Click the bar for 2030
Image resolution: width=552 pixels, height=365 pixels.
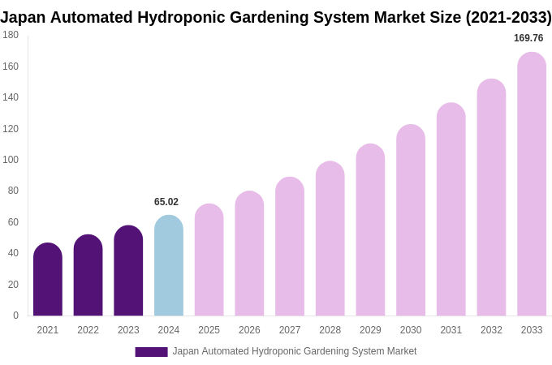tap(411, 221)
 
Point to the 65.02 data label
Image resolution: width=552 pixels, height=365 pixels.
tap(166, 202)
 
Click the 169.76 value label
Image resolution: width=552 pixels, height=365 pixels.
tap(528, 38)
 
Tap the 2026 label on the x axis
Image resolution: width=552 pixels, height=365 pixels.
tap(249, 330)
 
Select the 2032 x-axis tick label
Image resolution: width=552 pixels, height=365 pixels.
tap(491, 330)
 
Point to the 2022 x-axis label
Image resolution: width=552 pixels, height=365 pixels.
tap(88, 330)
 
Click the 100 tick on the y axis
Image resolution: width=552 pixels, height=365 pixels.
tap(11, 160)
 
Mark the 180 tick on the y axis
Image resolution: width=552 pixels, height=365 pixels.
tap(11, 35)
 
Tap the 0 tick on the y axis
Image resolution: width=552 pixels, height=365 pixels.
tap(15, 316)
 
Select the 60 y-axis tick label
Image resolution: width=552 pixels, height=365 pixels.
tap(13, 222)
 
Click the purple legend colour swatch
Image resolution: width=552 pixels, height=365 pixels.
tap(151, 352)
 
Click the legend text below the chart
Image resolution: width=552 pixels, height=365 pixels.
tap(294, 351)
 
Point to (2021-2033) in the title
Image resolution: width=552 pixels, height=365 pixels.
tap(508, 17)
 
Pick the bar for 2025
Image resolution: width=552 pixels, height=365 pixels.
tap(209, 260)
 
